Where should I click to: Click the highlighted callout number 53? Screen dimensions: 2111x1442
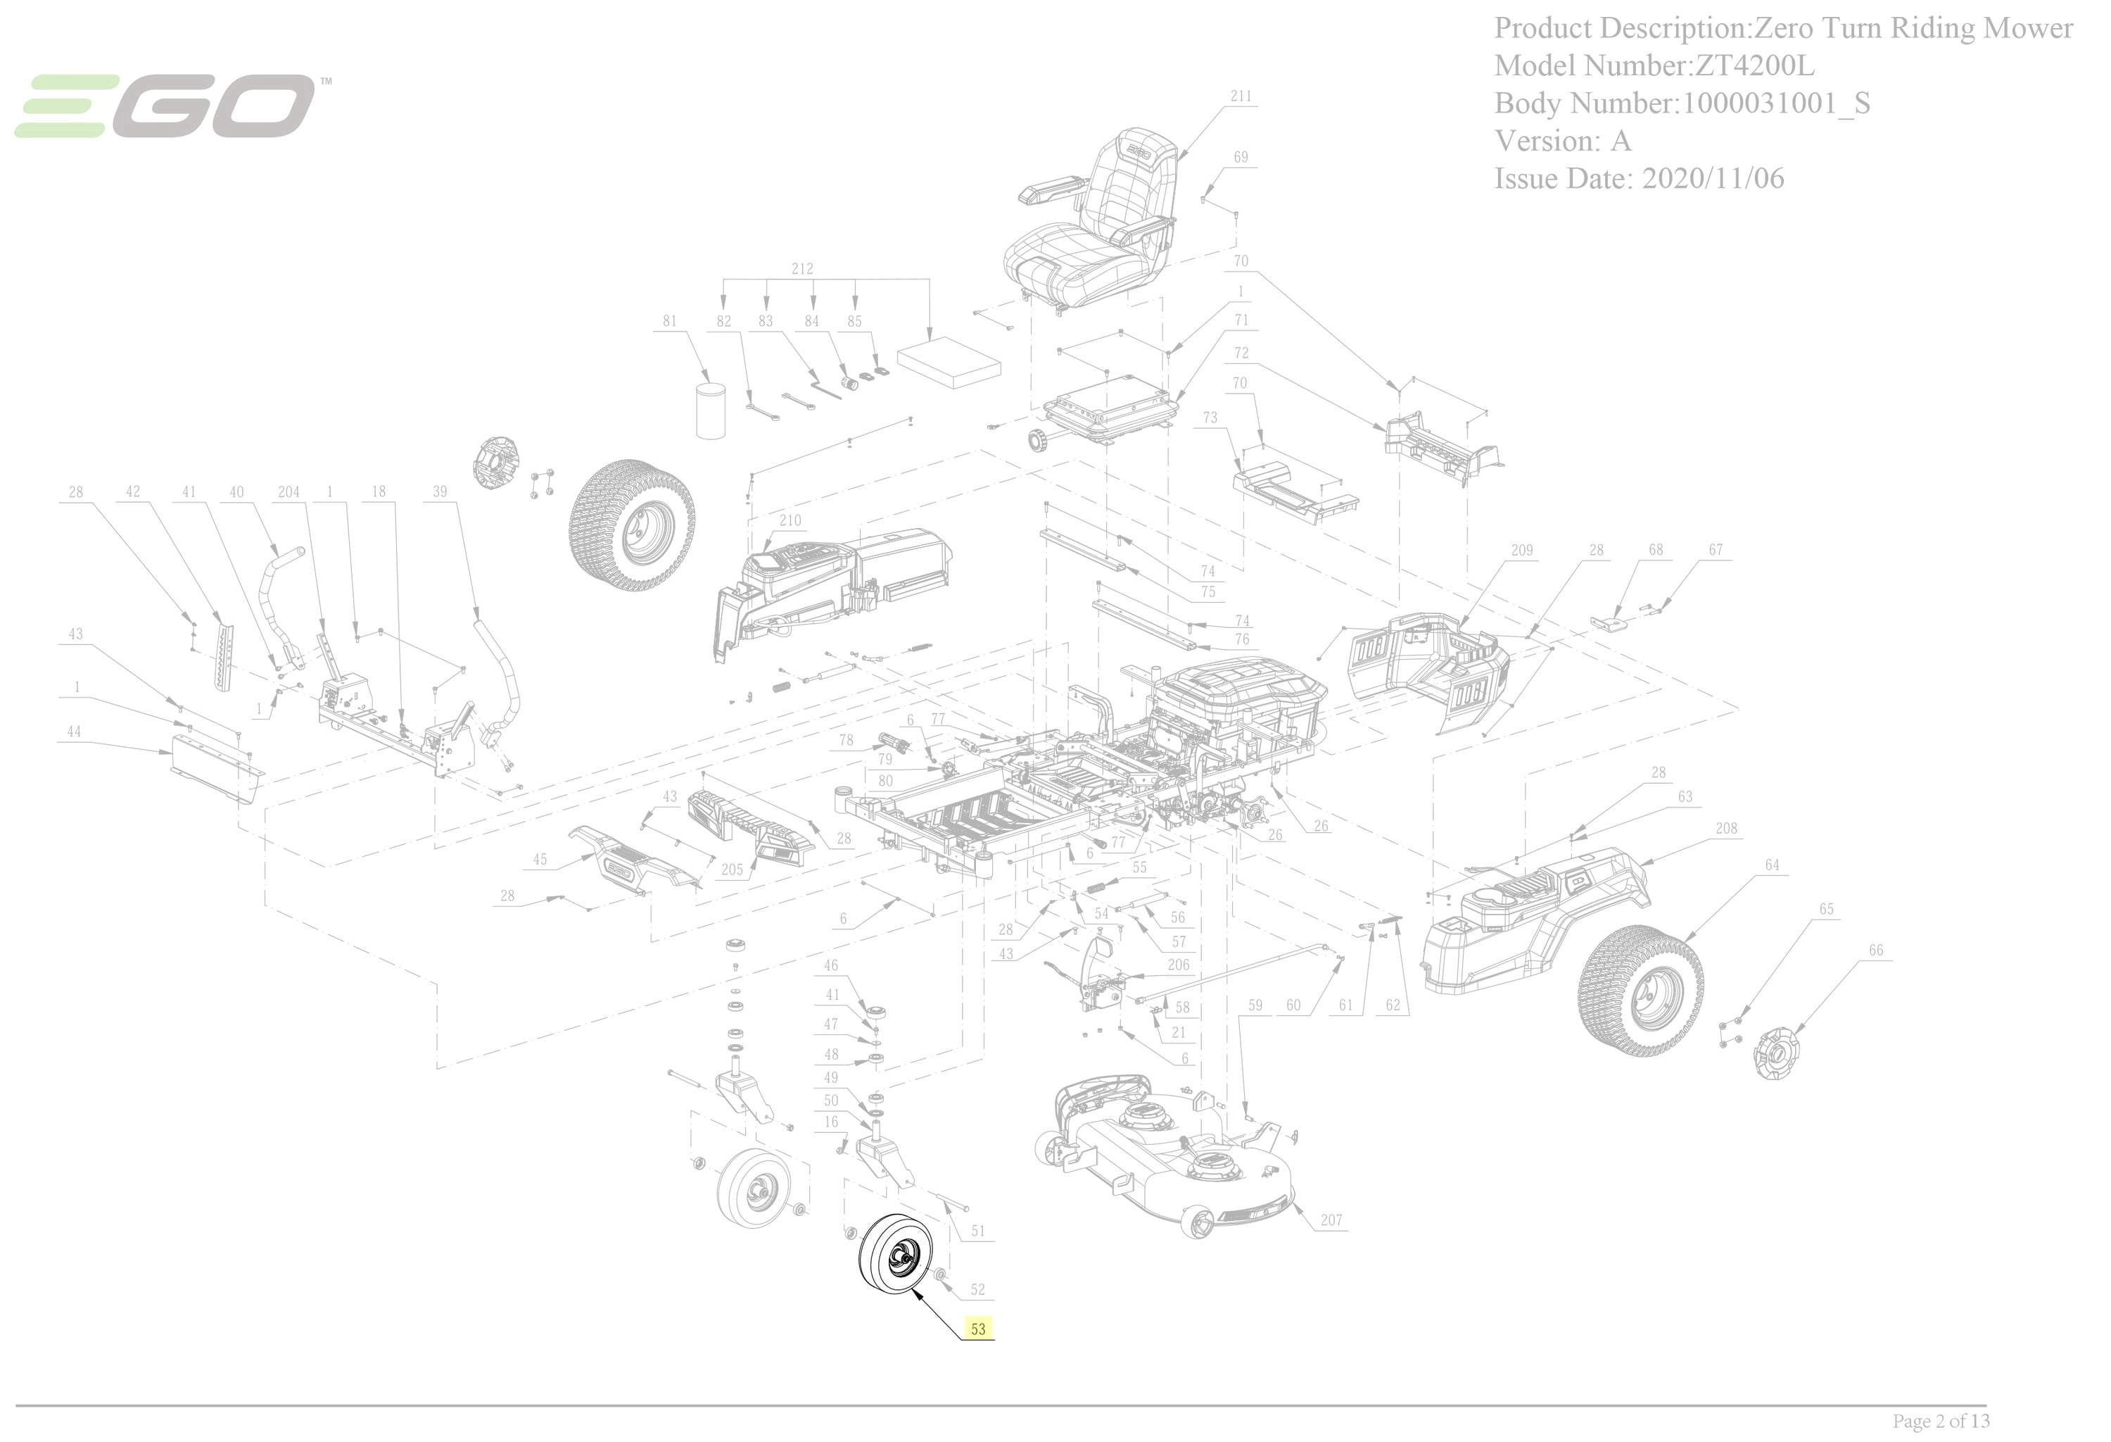tap(977, 1329)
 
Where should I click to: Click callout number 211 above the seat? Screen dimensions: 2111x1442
tap(1241, 96)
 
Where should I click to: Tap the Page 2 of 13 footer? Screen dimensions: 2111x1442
tap(1941, 1420)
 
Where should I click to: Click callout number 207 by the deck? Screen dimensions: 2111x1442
tap(1331, 1220)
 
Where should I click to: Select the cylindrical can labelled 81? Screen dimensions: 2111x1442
tap(711, 410)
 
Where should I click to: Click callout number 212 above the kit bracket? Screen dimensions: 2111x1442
tap(802, 269)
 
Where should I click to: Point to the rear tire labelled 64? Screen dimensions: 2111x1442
tap(1640, 991)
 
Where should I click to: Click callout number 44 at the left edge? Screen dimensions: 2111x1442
tap(75, 732)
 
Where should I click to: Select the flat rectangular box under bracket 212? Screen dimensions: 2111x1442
tap(949, 363)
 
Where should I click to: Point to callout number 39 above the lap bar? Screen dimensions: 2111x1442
tap(440, 491)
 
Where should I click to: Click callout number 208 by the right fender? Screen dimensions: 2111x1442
tap(1726, 828)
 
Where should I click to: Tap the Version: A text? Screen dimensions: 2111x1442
tap(1562, 141)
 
